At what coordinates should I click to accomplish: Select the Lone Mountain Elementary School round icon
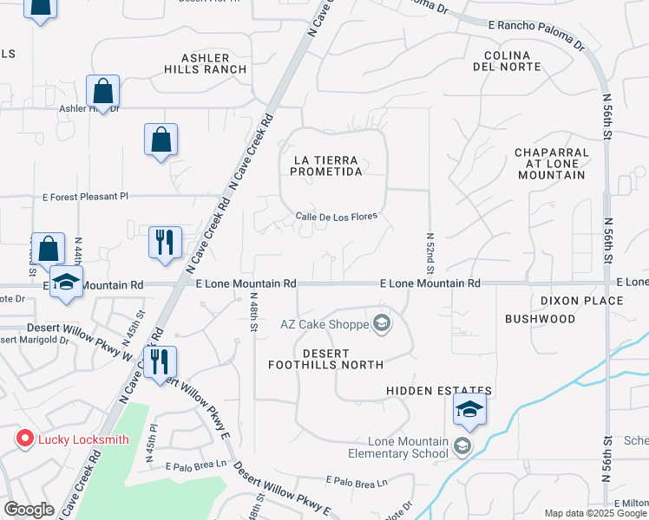click(x=462, y=446)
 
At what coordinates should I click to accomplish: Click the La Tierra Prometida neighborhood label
click(x=326, y=166)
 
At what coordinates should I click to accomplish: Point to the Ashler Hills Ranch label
click(x=207, y=63)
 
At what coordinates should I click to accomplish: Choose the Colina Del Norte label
click(x=507, y=60)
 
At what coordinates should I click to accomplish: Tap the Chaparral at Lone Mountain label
click(x=551, y=164)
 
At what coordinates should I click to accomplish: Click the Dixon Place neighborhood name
click(x=581, y=301)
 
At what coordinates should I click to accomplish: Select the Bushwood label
click(x=540, y=319)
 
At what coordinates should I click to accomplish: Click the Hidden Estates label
click(x=439, y=392)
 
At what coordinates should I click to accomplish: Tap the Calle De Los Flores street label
click(x=337, y=217)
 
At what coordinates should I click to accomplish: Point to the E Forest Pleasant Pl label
click(x=85, y=197)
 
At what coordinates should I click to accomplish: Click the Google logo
click(x=29, y=510)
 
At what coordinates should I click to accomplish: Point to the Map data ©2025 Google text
click(x=595, y=513)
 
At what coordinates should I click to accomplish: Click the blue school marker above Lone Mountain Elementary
click(x=469, y=410)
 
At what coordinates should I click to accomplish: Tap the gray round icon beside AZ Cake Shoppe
click(x=381, y=325)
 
